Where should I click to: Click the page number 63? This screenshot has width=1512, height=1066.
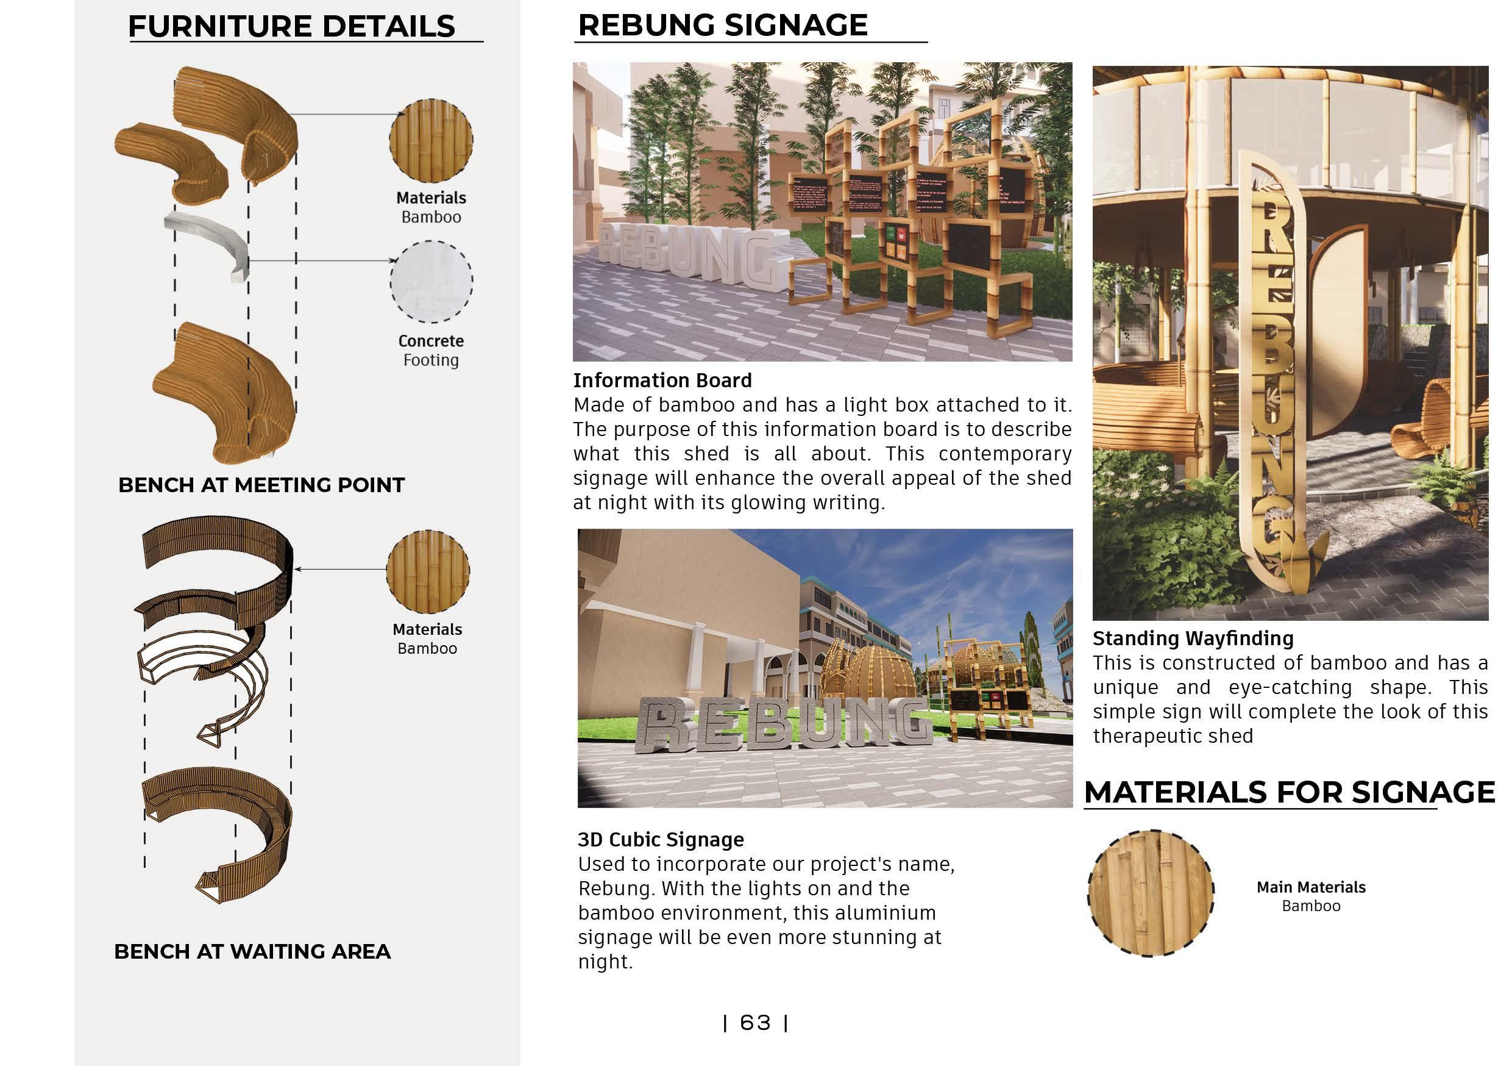pyautogui.click(x=754, y=1023)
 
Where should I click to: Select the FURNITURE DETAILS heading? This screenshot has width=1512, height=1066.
pyautogui.click(x=291, y=26)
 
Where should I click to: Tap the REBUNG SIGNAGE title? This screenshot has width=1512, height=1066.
pyautogui.click(x=722, y=25)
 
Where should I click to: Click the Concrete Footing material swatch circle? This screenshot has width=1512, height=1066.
pyautogui.click(x=431, y=281)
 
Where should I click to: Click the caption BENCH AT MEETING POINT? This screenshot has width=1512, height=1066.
pyautogui.click(x=261, y=485)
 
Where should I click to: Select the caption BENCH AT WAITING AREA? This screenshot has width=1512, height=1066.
pyautogui.click(x=252, y=951)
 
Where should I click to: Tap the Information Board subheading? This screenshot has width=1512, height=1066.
pyautogui.click(x=662, y=380)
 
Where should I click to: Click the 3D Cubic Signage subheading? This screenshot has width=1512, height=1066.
pyautogui.click(x=661, y=839)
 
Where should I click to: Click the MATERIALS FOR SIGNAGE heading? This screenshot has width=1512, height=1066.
pyautogui.click(x=1289, y=792)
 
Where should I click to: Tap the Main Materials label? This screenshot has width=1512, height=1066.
pyautogui.click(x=1310, y=887)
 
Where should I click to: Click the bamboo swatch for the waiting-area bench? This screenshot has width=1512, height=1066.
pyautogui.click(x=427, y=571)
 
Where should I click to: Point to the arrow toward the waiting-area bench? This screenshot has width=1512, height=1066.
pyautogui.click(x=339, y=568)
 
